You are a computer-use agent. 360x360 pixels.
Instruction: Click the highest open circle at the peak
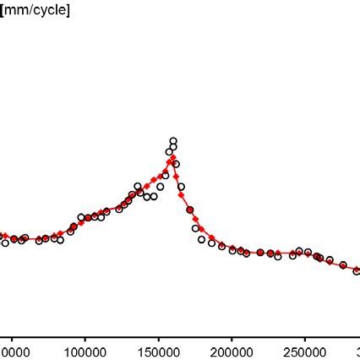[x=173, y=141]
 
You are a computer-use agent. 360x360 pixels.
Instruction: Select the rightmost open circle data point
[x=357, y=270]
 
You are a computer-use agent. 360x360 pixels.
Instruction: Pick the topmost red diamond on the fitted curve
[x=172, y=158]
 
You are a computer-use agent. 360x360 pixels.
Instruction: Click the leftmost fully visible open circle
[x=5, y=243]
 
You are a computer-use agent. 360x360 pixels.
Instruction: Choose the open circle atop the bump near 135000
[x=138, y=186]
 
